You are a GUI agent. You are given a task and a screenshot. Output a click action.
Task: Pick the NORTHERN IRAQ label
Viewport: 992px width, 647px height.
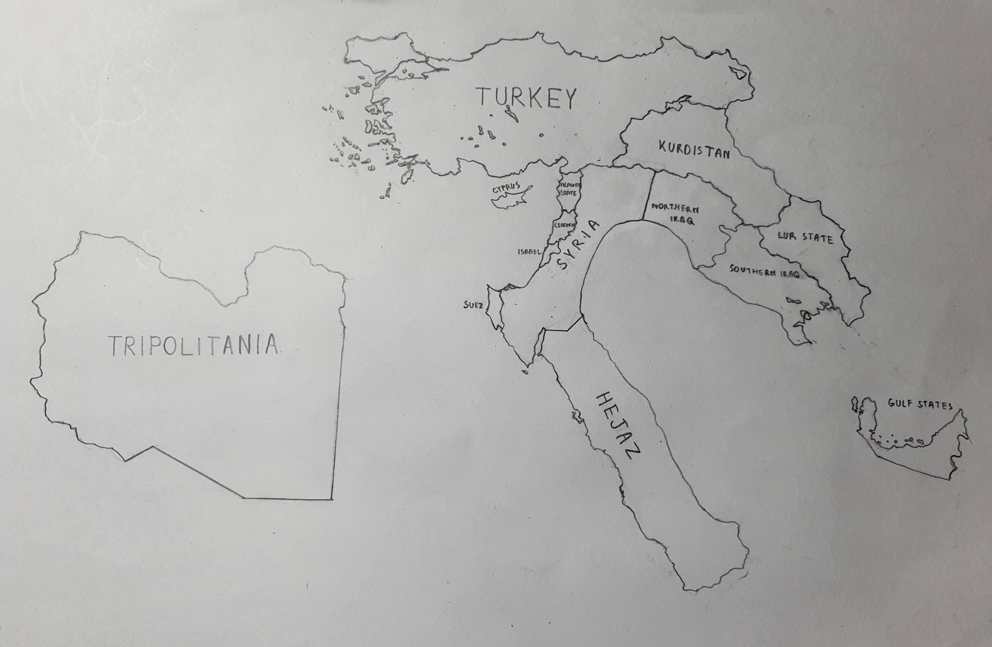(675, 214)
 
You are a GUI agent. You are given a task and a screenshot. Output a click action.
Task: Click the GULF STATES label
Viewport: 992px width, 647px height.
(920, 404)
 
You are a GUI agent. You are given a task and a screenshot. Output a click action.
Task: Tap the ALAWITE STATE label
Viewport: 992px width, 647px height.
(569, 189)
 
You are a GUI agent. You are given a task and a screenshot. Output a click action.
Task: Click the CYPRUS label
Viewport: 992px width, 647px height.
(506, 188)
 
